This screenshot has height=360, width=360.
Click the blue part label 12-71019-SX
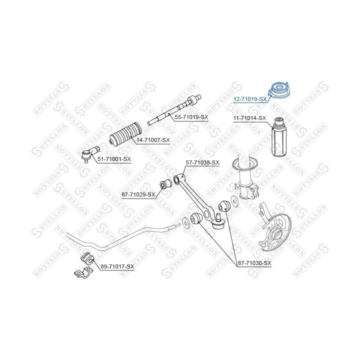tap(250, 99)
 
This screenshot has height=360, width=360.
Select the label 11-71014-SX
tap(249, 118)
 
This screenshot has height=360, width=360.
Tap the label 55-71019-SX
tap(191, 117)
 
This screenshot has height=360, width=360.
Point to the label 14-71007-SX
tap(153, 140)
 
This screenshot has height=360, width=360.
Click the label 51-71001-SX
tap(114, 159)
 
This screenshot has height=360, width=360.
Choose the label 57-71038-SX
tap(202, 162)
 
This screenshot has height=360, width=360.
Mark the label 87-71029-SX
tap(138, 194)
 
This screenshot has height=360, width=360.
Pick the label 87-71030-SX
tap(254, 263)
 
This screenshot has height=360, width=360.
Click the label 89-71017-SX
tap(117, 266)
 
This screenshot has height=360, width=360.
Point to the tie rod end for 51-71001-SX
tap(90, 154)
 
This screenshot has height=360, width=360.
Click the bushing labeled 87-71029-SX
tap(165, 183)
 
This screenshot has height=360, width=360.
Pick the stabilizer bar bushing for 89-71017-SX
tap(87, 258)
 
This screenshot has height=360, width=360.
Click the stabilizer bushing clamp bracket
tap(83, 273)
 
